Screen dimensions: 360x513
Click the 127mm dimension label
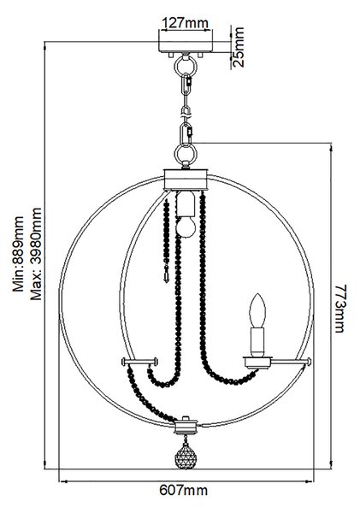[x=186, y=23]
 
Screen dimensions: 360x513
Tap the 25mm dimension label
[x=239, y=47]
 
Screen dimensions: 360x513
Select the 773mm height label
[x=340, y=308]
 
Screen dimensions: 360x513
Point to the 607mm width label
[x=183, y=490]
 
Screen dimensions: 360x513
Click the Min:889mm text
[x=18, y=254]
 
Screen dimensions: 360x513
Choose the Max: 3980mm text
[x=36, y=254]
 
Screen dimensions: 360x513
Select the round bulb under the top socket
[x=186, y=227]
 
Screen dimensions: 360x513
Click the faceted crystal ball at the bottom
[x=186, y=456]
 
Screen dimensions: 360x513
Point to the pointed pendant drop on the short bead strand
[x=166, y=277]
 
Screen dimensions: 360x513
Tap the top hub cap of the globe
[x=186, y=180]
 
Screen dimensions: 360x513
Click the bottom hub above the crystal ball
[x=186, y=426]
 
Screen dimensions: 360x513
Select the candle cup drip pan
[x=257, y=363]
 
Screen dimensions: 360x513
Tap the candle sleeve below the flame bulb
[x=257, y=341]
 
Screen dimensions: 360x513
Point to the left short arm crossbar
[x=139, y=362]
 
